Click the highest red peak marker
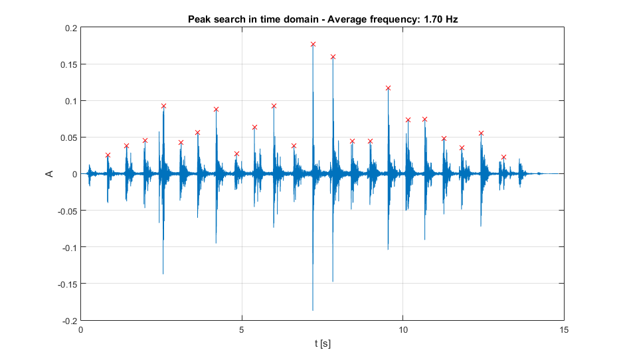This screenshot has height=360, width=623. (313, 44)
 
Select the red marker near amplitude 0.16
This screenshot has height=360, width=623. (333, 56)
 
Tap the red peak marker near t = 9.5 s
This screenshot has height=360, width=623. (388, 88)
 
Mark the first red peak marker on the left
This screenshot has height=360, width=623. (108, 155)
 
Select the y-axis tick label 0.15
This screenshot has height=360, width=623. (68, 64)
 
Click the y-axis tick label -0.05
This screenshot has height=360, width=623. (66, 211)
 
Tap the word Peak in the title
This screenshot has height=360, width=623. (199, 19)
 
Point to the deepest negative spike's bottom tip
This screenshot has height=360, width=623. (313, 310)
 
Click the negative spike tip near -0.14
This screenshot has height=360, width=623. (163, 274)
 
